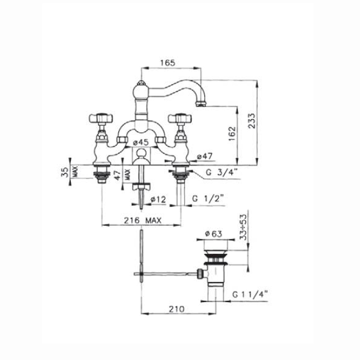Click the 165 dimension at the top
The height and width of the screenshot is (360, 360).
pyautogui.click(x=168, y=63)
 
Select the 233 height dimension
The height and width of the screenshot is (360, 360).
pyautogui.click(x=251, y=121)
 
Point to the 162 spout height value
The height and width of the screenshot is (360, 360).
pyautogui.click(x=232, y=134)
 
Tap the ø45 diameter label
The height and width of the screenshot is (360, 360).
pyautogui.click(x=141, y=142)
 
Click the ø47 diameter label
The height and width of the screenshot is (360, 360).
pyautogui.click(x=205, y=156)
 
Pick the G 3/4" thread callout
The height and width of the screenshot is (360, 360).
pyautogui.click(x=221, y=172)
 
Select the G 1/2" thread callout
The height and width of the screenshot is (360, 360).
pyautogui.click(x=208, y=198)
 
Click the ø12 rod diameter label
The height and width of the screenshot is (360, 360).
pyautogui.click(x=158, y=200)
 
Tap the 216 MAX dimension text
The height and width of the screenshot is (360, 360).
pyautogui.click(x=142, y=221)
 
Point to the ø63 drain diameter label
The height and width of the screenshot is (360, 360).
pyautogui.click(x=214, y=234)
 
